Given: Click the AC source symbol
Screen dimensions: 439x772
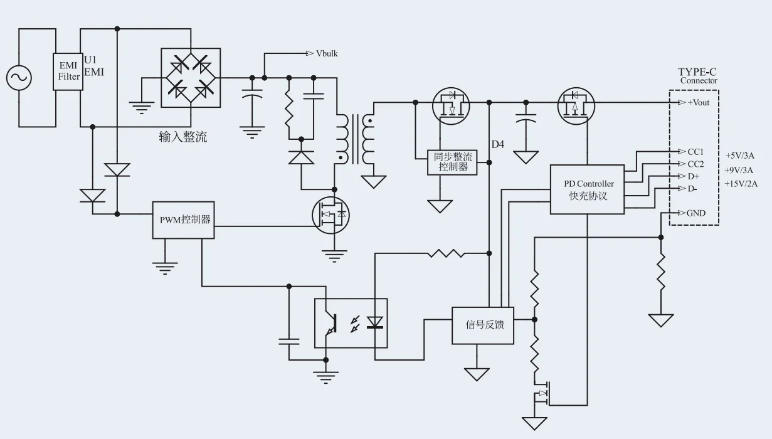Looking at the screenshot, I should [x=19, y=78].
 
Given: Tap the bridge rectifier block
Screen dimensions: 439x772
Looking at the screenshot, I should [x=191, y=78].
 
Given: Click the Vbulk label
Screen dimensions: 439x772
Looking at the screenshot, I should [x=327, y=53].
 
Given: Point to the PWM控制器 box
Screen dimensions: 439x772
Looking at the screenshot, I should [x=184, y=220].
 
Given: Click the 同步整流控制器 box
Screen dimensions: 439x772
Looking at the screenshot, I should [x=452, y=162].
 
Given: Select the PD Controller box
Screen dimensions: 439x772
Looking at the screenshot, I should [x=587, y=189].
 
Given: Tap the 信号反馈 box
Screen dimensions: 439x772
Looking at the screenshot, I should [x=482, y=325].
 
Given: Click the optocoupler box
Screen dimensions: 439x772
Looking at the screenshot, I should [x=351, y=323].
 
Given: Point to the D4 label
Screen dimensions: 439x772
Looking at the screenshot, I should [x=497, y=145].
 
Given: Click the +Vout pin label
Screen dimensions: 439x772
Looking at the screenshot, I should [x=698, y=102].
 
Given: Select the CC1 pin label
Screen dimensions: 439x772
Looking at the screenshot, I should [x=695, y=152].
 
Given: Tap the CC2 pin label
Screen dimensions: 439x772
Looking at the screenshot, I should [x=695, y=164].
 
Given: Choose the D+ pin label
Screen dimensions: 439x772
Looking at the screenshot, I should [x=693, y=176].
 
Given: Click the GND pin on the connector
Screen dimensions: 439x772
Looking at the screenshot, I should [x=695, y=213].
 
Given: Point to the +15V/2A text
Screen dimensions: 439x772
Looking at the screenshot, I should [x=741, y=184].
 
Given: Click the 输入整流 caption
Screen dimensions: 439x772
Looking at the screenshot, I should [x=182, y=137].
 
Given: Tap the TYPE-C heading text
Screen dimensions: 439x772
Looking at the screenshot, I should [x=697, y=72].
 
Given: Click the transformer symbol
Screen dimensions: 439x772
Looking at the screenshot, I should [x=354, y=139].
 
